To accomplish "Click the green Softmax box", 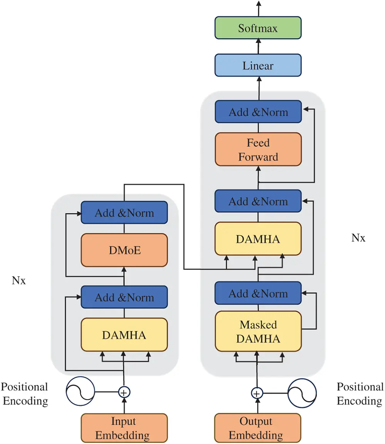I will click(258, 28).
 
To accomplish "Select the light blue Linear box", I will click(258, 65).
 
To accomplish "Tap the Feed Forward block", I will click(258, 150).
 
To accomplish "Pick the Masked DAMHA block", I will click(258, 331).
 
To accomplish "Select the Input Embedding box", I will click(124, 428).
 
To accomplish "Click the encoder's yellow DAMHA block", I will click(124, 335).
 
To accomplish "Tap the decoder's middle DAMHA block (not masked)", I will click(258, 239).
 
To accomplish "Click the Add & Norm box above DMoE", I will click(124, 213).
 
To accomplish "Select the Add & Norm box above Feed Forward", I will click(258, 112).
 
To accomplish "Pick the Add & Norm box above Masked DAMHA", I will click(258, 293).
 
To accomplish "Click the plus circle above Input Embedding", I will click(124, 392).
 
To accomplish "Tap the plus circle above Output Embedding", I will click(257, 393).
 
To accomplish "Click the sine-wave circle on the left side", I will click(80, 392).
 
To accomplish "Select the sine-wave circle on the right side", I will click(302, 393).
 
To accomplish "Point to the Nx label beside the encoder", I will click(18, 280).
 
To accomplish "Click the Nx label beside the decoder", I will click(358, 238).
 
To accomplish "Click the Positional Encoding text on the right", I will click(360, 394).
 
